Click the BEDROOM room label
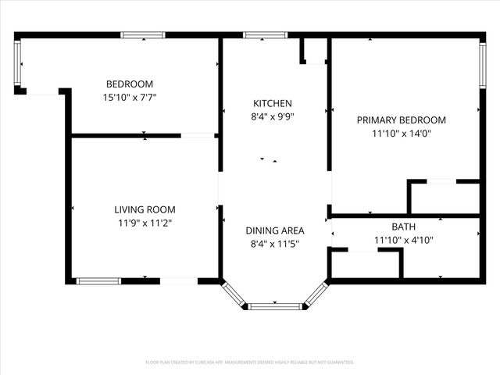pyautogui.click(x=130, y=84)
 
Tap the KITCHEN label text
pyautogui.click(x=273, y=104)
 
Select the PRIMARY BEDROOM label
pyautogui.click(x=402, y=120)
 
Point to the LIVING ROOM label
pyautogui.click(x=145, y=209)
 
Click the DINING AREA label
pyautogui.click(x=275, y=230)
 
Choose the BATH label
pyautogui.click(x=404, y=227)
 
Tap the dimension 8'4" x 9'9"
pyautogui.click(x=273, y=117)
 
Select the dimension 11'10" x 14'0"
pyautogui.click(x=402, y=134)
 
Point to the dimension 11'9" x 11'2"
pyautogui.click(x=145, y=223)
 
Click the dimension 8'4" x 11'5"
pyautogui.click(x=275, y=244)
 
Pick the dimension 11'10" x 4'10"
pyautogui.click(x=404, y=240)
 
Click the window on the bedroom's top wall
pyautogui.click(x=142, y=35)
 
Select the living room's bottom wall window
pyautogui.click(x=98, y=280)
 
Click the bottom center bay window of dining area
pyautogui.click(x=275, y=306)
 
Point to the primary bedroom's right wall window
pyautogui.click(x=482, y=66)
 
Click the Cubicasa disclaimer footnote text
pyautogui.click(x=250, y=362)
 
